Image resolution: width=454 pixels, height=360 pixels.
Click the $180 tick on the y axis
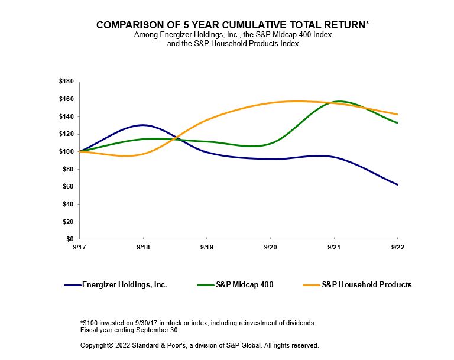click(x=66, y=82)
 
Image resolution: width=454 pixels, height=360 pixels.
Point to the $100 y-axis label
click(x=66, y=152)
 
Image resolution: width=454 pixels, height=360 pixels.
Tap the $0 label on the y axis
click(x=69, y=239)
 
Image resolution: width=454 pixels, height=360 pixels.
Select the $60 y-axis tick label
click(x=67, y=187)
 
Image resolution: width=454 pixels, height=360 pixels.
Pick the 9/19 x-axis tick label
click(x=206, y=248)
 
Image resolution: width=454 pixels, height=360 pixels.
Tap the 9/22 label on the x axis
click(x=397, y=248)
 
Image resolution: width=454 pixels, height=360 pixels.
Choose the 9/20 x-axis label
click(x=270, y=248)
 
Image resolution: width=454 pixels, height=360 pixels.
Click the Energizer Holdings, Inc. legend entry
click(x=124, y=285)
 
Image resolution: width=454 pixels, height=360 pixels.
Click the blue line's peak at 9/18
click(x=142, y=125)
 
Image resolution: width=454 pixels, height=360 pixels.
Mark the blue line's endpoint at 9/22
click(x=397, y=184)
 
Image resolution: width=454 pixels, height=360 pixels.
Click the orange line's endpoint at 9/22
click(x=397, y=114)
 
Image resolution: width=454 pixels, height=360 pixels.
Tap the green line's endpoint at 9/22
click(x=397, y=123)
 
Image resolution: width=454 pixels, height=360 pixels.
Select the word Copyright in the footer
click(x=96, y=345)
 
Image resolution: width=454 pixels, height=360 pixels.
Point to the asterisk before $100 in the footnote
click(x=81, y=322)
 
